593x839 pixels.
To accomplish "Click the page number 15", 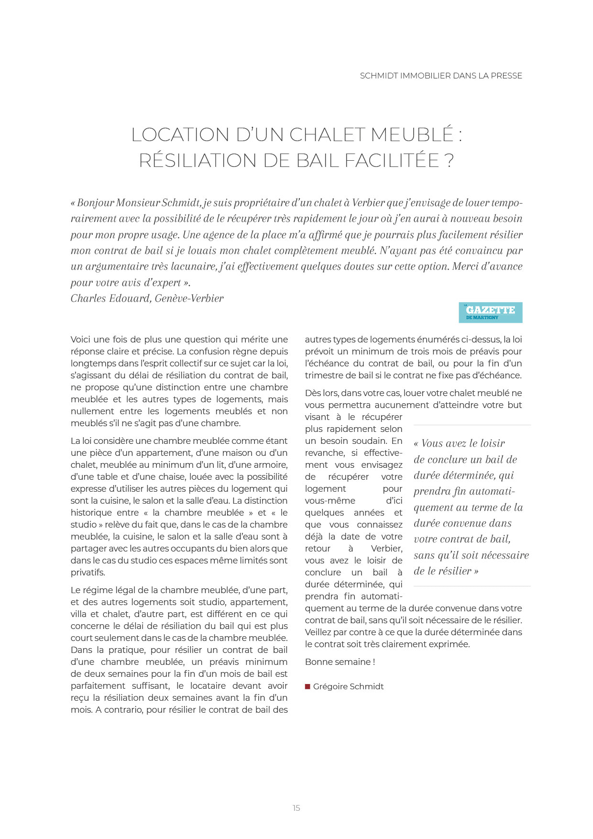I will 296,808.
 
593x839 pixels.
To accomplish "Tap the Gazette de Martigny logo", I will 490,312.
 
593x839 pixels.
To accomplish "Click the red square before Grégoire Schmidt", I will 307,686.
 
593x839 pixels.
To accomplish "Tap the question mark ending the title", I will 449,161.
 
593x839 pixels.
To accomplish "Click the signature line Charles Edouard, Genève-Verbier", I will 147,298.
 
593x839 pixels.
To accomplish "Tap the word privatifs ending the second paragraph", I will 87,573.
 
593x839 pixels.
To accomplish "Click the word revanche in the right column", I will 325,453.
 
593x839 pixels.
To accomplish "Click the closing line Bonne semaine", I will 340,662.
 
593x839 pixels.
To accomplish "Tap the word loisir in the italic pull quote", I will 489,443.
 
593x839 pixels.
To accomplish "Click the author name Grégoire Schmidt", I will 348,686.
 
